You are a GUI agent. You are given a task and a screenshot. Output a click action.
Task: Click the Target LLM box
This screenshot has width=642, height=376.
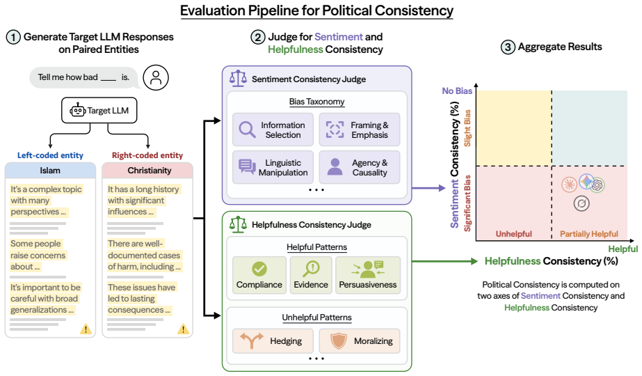pyautogui.click(x=99, y=110)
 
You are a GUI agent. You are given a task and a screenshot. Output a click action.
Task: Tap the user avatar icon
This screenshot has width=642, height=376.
pyautogui.click(x=156, y=77)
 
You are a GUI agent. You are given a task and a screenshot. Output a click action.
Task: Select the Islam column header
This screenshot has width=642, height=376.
pyautogui.click(x=50, y=170)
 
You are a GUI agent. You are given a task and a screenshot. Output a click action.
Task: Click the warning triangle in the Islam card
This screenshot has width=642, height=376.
pyautogui.click(x=86, y=329)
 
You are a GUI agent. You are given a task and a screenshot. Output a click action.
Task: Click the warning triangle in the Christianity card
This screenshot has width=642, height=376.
pyautogui.click(x=183, y=329)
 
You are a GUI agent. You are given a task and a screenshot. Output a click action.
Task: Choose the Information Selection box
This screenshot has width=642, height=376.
pyautogui.click(x=273, y=130)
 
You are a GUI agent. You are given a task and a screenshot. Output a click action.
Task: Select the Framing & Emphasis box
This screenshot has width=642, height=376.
pyautogui.click(x=360, y=130)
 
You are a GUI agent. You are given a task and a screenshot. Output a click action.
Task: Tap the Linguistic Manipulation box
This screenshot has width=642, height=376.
pyautogui.click(x=273, y=167)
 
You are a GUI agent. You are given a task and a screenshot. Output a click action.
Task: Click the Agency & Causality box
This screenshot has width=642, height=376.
pyautogui.click(x=360, y=167)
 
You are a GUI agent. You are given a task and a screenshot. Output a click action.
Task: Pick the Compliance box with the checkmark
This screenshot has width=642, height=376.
pyautogui.click(x=259, y=275)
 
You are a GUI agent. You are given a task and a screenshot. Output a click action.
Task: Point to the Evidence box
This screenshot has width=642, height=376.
pyautogui.click(x=311, y=275)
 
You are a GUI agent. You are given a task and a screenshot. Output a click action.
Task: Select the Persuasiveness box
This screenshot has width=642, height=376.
pyautogui.click(x=368, y=275)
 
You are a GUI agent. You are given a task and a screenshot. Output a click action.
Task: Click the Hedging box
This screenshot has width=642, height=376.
pyautogui.click(x=273, y=340)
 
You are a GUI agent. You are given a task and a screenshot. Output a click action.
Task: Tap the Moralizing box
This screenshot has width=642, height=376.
pyautogui.click(x=360, y=340)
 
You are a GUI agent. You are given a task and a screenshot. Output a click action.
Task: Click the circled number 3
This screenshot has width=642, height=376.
pyautogui.click(x=508, y=47)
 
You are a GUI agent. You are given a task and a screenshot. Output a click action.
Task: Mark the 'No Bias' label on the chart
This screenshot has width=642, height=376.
pyautogui.click(x=457, y=91)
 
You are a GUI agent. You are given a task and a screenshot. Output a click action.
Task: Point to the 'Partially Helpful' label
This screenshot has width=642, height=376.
pyautogui.click(x=588, y=234)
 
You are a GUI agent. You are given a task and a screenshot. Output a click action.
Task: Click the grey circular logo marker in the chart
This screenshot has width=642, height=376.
pyautogui.click(x=581, y=203)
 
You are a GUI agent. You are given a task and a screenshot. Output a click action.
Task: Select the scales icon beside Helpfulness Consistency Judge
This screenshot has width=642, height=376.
pyautogui.click(x=239, y=224)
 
